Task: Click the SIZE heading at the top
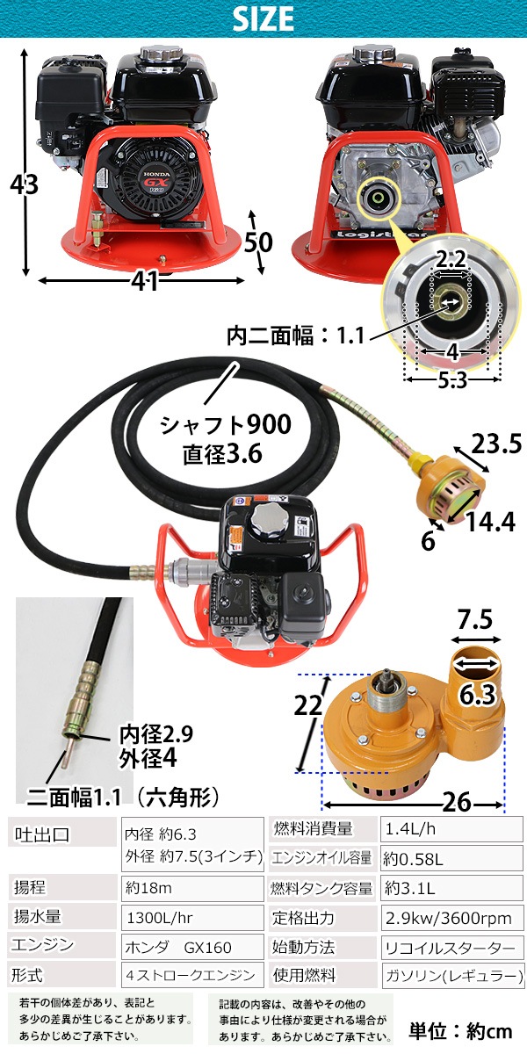(x=263, y=18)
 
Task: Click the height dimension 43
(x=24, y=184)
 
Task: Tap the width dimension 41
(x=144, y=281)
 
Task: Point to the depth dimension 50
(x=258, y=242)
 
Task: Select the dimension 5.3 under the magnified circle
(x=452, y=379)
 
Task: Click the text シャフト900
(x=226, y=425)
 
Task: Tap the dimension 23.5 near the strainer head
(x=497, y=444)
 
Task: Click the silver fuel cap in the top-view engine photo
(x=266, y=522)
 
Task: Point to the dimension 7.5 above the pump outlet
(x=475, y=619)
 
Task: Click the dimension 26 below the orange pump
(x=456, y=802)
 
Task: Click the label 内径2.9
(x=155, y=733)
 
